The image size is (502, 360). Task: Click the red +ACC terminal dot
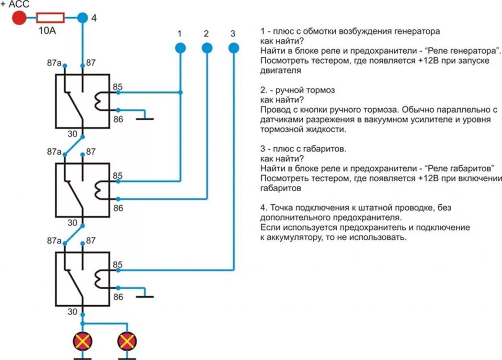[x=19, y=18]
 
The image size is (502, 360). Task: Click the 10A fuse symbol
[x=51, y=18]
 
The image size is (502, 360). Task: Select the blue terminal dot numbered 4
[x=83, y=18]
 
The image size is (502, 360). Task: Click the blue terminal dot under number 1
[x=180, y=48]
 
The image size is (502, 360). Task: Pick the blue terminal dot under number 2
[x=207, y=48]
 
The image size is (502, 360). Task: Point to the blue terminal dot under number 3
[x=234, y=48]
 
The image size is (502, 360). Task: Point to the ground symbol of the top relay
[x=144, y=118]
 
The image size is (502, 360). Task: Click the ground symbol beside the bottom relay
[x=144, y=296]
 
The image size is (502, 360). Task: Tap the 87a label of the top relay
[x=54, y=64]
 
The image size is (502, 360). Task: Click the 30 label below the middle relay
[x=73, y=223]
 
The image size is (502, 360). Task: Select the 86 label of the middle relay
[x=118, y=208]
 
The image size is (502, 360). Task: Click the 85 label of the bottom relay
[x=118, y=265]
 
